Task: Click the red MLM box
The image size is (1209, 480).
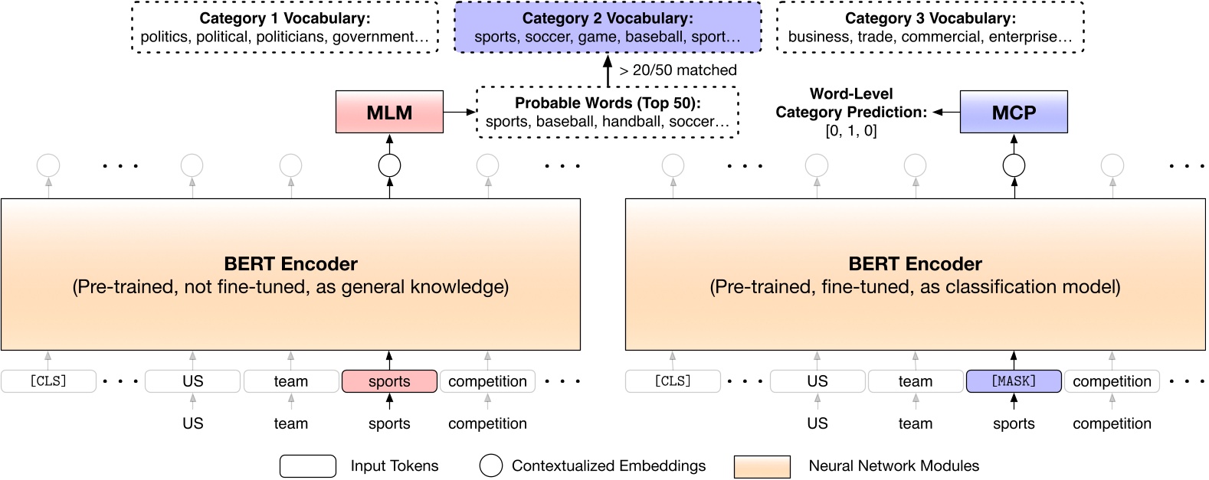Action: pyautogui.click(x=389, y=112)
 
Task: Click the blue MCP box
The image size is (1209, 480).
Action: pyautogui.click(x=1014, y=112)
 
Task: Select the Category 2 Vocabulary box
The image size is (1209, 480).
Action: pyautogui.click(x=608, y=27)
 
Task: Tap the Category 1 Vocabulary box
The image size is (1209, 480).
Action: pyautogui.click(x=285, y=27)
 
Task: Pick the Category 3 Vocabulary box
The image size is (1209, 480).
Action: pyautogui.click(x=930, y=27)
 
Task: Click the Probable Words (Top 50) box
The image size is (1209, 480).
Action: pyautogui.click(x=608, y=112)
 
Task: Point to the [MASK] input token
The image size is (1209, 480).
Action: pyautogui.click(x=1014, y=380)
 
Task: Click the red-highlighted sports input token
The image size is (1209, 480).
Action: pyautogui.click(x=389, y=380)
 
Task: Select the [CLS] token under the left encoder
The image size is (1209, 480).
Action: pyautogui.click(x=48, y=380)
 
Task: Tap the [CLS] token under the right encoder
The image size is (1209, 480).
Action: pyautogui.click(x=673, y=380)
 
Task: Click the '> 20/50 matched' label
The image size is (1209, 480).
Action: pyautogui.click(x=678, y=70)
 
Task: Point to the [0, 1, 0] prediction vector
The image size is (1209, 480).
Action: pyautogui.click(x=851, y=130)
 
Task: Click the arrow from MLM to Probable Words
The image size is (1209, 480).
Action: pyautogui.click(x=460, y=112)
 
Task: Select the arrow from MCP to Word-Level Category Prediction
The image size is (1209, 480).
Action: pyautogui.click(x=946, y=112)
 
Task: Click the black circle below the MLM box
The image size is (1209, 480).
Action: pyautogui.click(x=389, y=165)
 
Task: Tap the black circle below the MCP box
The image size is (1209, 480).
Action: pyautogui.click(x=1014, y=165)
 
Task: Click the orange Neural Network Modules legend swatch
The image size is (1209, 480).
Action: pyautogui.click(x=762, y=466)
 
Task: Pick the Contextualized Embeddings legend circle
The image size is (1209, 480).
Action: pyautogui.click(x=490, y=465)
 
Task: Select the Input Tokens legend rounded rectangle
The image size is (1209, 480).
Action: pyautogui.click(x=308, y=466)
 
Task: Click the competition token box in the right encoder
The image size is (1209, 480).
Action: pyautogui.click(x=1112, y=380)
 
